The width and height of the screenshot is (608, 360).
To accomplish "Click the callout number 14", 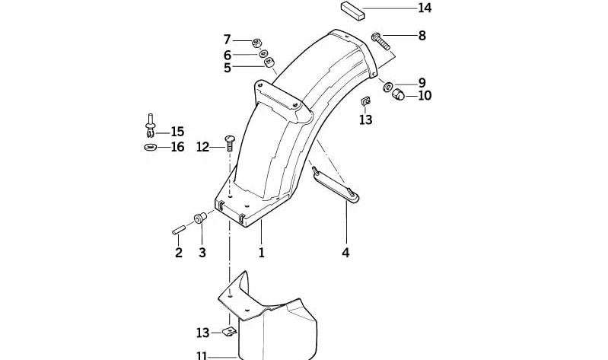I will click(425, 8).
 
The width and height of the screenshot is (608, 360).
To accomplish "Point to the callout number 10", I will click(424, 96).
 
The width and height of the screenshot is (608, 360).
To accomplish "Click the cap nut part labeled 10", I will click(396, 94).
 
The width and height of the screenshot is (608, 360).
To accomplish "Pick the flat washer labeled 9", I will click(388, 83).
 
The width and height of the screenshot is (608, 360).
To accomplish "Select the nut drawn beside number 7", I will click(257, 41).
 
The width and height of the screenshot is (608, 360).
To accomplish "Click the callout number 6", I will click(227, 55).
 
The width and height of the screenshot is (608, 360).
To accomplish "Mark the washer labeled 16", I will click(149, 147).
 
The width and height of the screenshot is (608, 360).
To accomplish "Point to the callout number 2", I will click(179, 253).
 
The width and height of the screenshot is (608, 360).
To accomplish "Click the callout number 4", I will click(345, 253).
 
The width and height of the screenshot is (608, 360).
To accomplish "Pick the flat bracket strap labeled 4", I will click(336, 186).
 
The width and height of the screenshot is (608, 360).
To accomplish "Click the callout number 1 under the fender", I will click(261, 253).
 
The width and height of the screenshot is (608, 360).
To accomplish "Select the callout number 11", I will click(201, 355).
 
